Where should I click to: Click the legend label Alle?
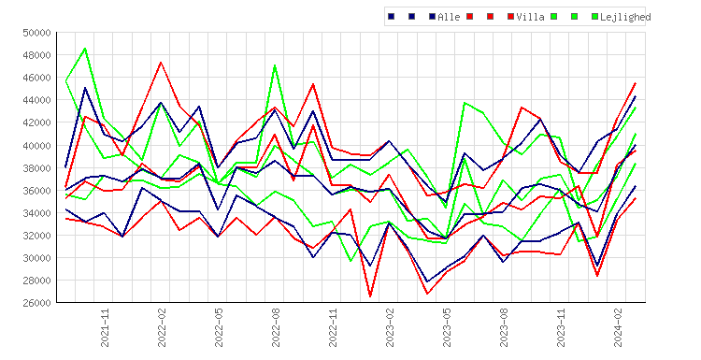[x=449, y=17]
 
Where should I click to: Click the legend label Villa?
[x=530, y=17]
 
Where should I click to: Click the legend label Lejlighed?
[x=625, y=17]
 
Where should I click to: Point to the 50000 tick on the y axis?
[x=36, y=33]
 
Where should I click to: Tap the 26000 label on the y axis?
[x=36, y=303]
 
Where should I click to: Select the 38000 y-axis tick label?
[x=36, y=167]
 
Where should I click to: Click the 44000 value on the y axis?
[x=36, y=100]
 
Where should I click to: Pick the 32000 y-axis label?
[x=36, y=236]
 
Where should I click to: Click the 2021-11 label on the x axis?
[x=105, y=327]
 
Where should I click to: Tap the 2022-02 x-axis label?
[x=162, y=327]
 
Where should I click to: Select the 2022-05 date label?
[x=219, y=327]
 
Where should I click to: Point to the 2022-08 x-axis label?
[x=276, y=327]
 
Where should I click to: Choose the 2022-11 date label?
[x=333, y=327]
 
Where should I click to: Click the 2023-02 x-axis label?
[x=391, y=327]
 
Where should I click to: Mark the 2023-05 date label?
[x=447, y=327]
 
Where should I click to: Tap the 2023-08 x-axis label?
[x=505, y=327]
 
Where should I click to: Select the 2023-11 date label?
[x=562, y=327]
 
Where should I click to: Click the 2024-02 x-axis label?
[x=619, y=327]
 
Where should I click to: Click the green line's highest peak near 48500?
[x=85, y=49]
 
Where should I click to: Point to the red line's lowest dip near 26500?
[x=370, y=296]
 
